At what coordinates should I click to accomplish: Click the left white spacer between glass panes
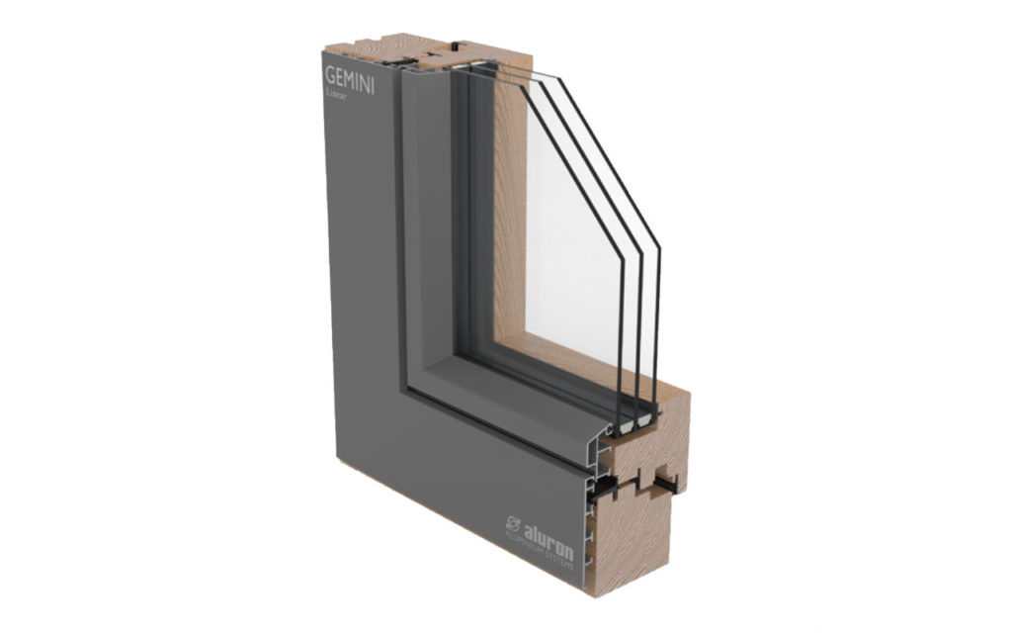click(624, 424)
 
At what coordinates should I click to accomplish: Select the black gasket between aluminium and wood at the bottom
click(605, 484)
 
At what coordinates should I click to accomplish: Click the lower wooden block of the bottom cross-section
click(632, 544)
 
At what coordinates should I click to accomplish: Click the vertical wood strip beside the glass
click(509, 218)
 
